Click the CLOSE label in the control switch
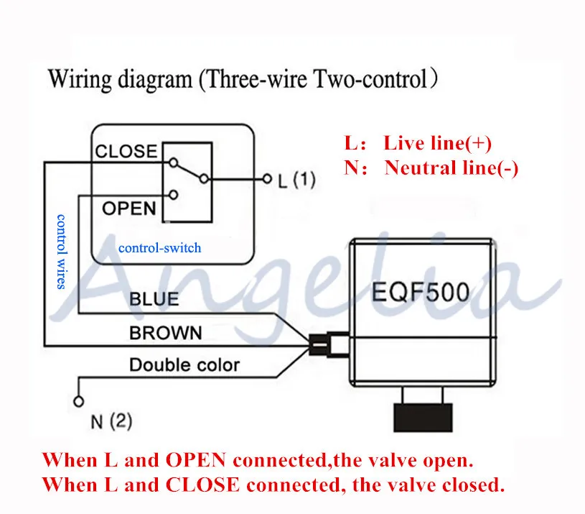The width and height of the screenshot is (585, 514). click(126, 151)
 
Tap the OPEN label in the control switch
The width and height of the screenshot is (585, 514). click(129, 208)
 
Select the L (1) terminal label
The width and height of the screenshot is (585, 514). click(297, 180)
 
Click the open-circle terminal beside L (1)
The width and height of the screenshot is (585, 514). click(267, 179)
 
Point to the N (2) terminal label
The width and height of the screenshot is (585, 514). click(111, 422)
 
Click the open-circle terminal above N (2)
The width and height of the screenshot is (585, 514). click(79, 402)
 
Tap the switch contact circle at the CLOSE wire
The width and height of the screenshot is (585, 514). click(173, 162)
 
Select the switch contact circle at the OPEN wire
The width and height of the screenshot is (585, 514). click(173, 195)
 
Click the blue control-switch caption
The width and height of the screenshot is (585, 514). click(159, 248)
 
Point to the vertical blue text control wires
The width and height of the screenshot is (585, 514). click(61, 252)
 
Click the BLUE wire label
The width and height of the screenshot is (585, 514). click(154, 299)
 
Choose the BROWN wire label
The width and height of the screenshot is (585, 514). click(166, 332)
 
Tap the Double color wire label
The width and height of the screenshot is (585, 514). click(184, 365)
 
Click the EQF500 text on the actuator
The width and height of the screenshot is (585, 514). click(421, 292)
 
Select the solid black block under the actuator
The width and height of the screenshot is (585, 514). click(423, 418)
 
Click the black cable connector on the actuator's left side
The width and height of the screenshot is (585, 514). click(319, 345)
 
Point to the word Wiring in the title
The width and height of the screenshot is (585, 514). click(80, 80)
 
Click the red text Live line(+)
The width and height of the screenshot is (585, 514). click(438, 143)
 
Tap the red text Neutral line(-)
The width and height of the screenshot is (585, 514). click(451, 167)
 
